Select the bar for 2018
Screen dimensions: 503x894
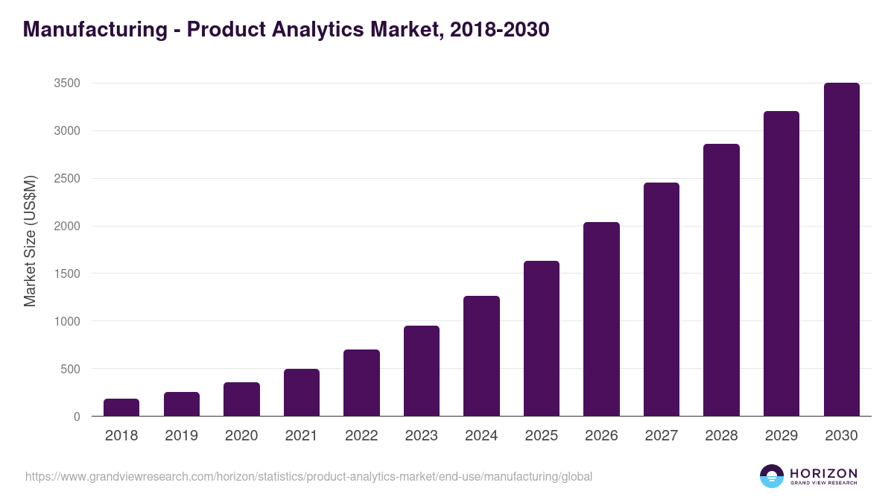point(121,408)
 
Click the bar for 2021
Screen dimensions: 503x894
point(302,393)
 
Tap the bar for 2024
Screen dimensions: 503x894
point(481,356)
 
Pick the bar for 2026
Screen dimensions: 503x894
point(601,319)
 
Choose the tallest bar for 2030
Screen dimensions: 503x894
point(841,250)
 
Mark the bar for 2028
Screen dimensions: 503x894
point(721,280)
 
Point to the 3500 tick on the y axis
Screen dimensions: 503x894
point(67,83)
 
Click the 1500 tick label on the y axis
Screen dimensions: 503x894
point(67,273)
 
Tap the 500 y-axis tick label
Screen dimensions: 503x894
point(70,369)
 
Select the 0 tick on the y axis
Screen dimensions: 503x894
point(77,417)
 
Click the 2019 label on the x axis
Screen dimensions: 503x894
point(181,436)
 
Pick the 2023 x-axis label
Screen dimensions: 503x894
point(421,436)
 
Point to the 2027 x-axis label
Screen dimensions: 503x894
point(661,436)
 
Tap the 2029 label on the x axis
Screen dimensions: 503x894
point(781,436)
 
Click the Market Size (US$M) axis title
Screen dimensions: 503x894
point(31,241)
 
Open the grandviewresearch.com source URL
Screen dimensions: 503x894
point(308,476)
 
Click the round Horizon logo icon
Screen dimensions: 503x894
point(772,476)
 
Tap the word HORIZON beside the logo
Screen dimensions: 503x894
point(824,473)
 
